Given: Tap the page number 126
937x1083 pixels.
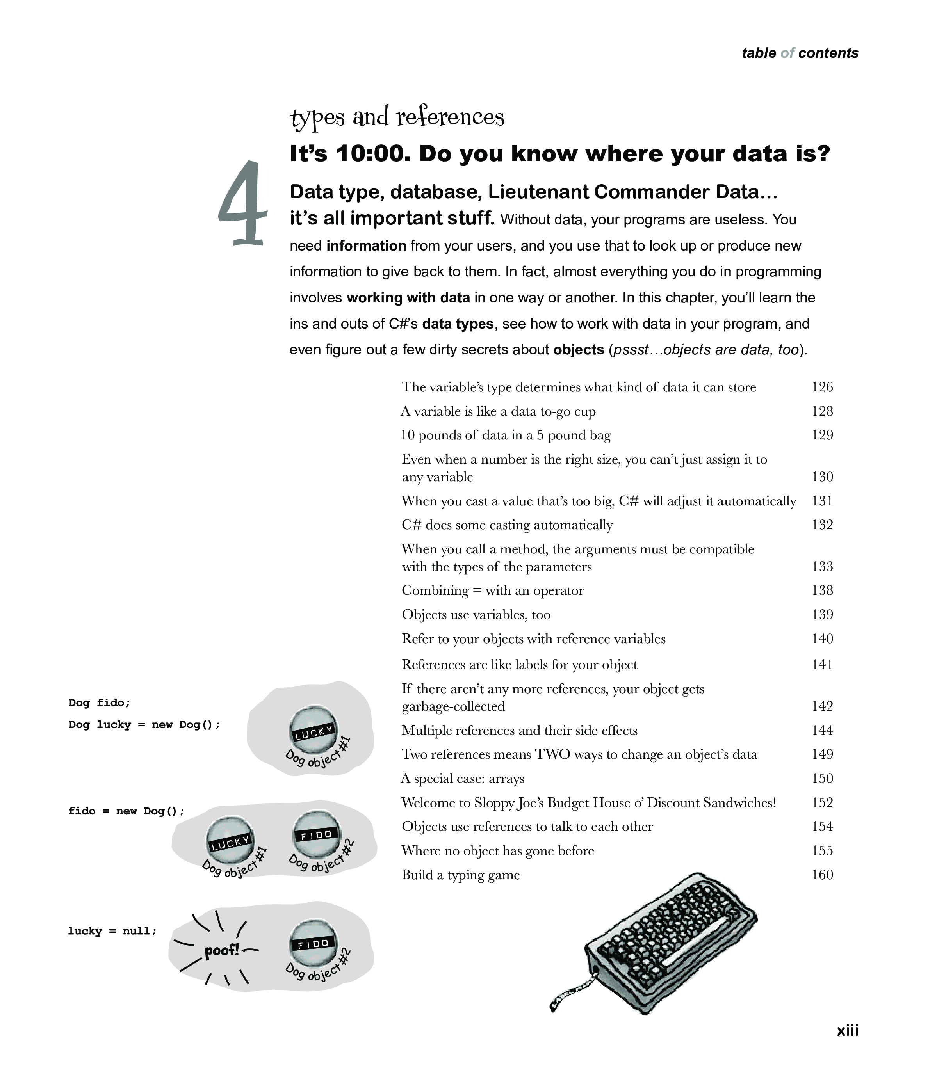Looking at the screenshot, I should (x=822, y=387).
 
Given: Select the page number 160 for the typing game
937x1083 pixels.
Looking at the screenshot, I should (x=822, y=875).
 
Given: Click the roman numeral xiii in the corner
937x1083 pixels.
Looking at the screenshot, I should (x=848, y=1030).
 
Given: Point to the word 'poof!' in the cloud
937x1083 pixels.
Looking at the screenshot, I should (x=222, y=950).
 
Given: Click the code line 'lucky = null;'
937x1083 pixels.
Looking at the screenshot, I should (x=112, y=931).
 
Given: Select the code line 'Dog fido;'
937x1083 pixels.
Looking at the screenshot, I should (x=99, y=702).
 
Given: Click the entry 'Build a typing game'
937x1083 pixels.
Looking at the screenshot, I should (x=461, y=875).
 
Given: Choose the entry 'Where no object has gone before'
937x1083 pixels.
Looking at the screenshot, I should (x=498, y=851).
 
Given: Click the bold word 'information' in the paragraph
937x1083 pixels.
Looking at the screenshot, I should (x=366, y=245).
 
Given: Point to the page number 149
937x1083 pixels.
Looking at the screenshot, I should (x=822, y=754).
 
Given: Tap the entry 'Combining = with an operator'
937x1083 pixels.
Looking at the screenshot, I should (x=493, y=590).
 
